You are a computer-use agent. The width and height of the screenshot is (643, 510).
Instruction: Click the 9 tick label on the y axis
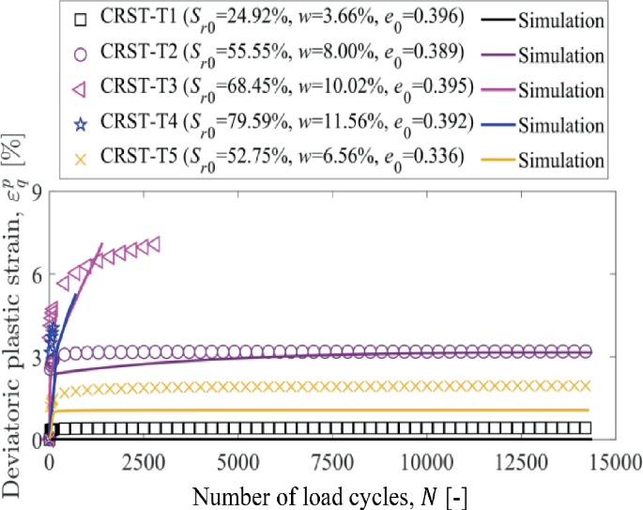tap(34, 193)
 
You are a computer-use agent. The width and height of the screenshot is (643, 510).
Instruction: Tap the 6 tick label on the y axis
tap(34, 274)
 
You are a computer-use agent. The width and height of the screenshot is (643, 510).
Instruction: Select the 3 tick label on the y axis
tap(34, 357)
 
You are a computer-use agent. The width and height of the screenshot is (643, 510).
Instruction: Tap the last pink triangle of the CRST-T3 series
tap(154, 243)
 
